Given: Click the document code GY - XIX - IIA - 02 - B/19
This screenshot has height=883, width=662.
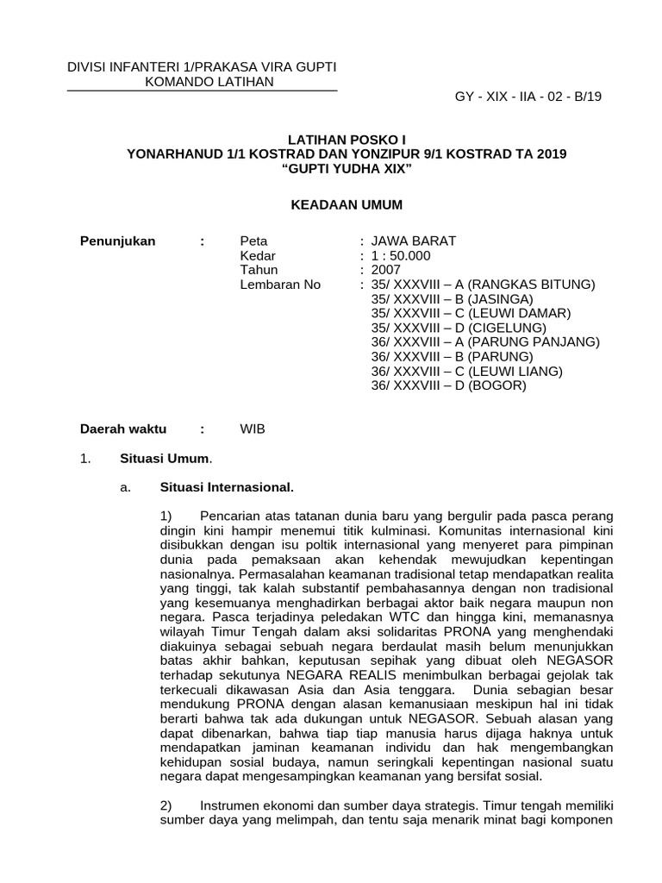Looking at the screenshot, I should click(x=528, y=97).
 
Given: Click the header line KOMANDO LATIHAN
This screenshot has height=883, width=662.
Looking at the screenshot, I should click(x=202, y=82).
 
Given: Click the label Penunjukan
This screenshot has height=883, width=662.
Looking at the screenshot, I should click(x=117, y=241).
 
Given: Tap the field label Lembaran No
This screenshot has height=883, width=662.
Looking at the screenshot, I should click(x=279, y=285).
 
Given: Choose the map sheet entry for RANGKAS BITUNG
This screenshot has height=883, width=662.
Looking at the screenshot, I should click(x=483, y=285).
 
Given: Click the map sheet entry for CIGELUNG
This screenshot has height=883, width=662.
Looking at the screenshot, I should click(x=459, y=328).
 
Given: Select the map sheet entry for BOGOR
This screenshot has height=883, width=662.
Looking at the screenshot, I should click(x=448, y=385).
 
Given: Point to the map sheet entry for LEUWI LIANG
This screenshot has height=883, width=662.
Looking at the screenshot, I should click(x=466, y=371).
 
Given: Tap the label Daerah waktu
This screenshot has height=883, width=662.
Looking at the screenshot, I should click(x=123, y=429).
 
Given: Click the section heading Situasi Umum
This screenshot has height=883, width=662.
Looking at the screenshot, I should click(x=185, y=459).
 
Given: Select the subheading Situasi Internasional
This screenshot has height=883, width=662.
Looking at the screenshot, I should click(x=228, y=487).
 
